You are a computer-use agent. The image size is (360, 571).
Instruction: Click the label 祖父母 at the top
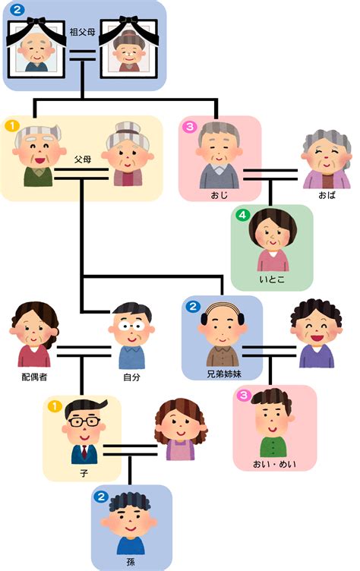click(82, 32)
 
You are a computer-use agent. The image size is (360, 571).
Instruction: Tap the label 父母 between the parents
click(83, 159)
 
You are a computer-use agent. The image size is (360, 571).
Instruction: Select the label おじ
click(219, 196)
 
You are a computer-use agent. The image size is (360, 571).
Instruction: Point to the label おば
click(327, 195)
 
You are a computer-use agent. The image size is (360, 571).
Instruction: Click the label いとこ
click(272, 279)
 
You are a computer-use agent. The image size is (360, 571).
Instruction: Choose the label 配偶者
click(34, 377)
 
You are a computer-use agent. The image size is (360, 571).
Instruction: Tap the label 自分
click(131, 377)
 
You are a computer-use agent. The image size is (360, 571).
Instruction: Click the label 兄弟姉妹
click(224, 374)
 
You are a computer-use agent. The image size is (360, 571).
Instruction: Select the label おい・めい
click(274, 464)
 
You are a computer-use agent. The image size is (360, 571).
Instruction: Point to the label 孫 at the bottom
click(131, 562)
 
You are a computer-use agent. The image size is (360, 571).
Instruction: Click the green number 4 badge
click(242, 215)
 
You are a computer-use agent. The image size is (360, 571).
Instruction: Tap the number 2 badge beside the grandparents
click(17, 9)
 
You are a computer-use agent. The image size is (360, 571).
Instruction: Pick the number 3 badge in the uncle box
click(190, 127)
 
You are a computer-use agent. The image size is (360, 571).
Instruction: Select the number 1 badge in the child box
click(55, 406)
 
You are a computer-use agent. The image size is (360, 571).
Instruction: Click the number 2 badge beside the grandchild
click(101, 496)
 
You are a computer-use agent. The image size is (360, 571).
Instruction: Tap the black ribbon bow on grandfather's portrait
click(36, 21)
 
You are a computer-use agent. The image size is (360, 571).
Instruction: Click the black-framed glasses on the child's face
click(84, 421)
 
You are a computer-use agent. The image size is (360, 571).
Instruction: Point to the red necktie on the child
click(84, 452)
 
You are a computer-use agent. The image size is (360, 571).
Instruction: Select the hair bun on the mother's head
click(128, 128)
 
